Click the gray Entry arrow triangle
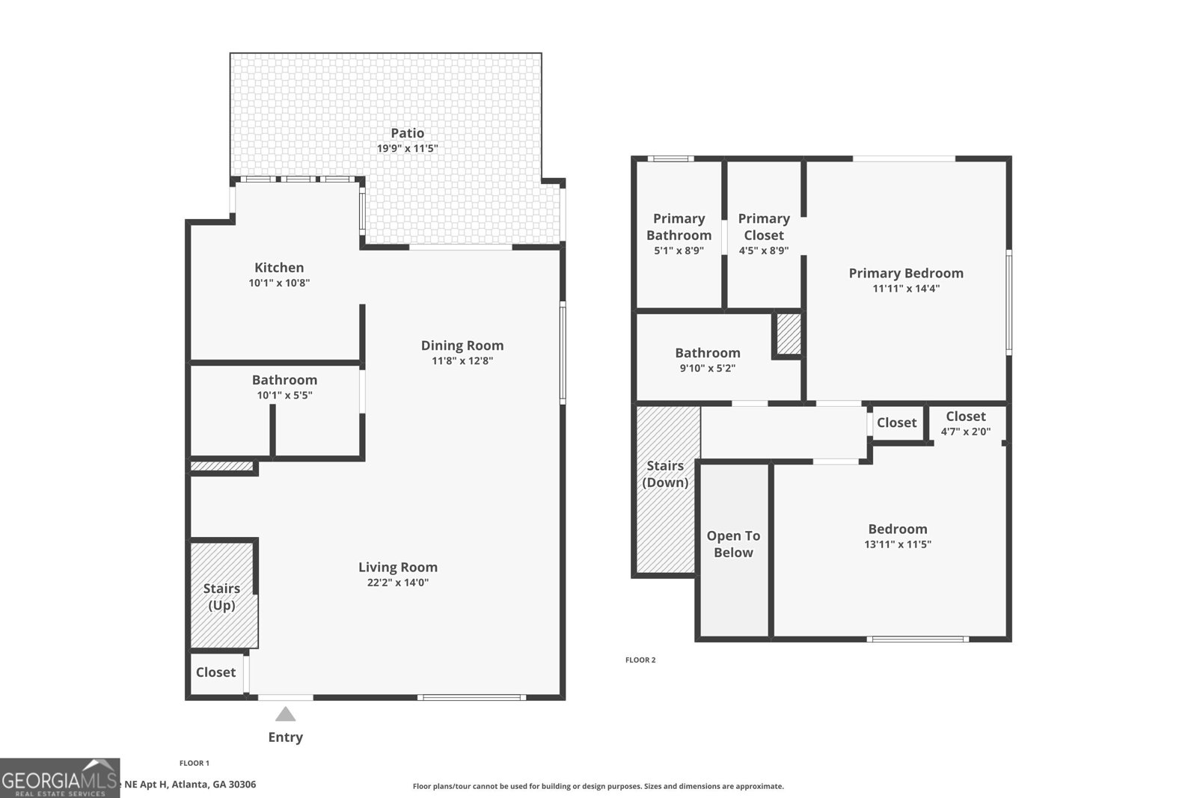pos(285,715)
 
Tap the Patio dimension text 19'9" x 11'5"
pos(407,149)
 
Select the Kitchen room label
pos(279,268)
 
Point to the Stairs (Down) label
pos(665,474)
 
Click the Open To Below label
pos(733,544)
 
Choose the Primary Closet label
pos(764,227)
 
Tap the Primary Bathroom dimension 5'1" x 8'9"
pos(679,251)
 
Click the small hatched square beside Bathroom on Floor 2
pos(788,334)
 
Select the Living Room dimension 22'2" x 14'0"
pos(397,583)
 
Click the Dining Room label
pos(462,346)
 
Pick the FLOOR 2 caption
pos(640,660)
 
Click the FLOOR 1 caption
pos(195,764)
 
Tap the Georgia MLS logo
pos(59,779)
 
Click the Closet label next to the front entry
pos(215,672)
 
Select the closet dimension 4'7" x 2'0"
pos(965,432)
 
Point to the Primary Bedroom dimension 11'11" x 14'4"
pos(906,289)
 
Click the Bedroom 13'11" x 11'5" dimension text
pos(897,544)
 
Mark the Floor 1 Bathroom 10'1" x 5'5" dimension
pos(284,396)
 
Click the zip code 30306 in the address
pos(242,785)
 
